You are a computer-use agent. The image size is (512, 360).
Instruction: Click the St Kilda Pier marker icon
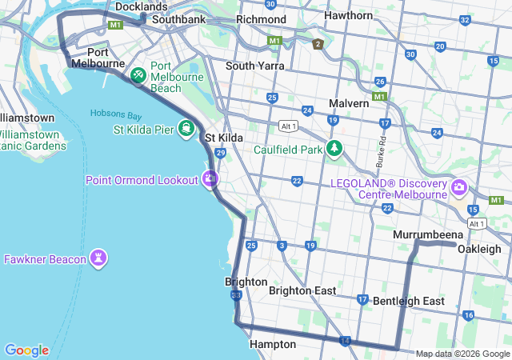[x=186, y=129]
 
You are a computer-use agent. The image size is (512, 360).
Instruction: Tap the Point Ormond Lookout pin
[x=210, y=179]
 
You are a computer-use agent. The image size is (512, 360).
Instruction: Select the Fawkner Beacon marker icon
[x=99, y=258]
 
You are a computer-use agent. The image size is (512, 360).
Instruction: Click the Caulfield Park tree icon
[x=334, y=149]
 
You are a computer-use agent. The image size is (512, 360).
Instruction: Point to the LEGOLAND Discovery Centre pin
[x=459, y=188]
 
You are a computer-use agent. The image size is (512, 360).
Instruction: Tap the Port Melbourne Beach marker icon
[x=138, y=75]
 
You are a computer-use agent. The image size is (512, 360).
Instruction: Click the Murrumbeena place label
[x=428, y=234]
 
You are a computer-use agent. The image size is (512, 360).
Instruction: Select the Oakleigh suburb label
[x=479, y=249]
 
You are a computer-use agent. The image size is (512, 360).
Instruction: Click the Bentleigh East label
[x=409, y=301]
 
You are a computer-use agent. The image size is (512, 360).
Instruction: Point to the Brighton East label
[x=302, y=290]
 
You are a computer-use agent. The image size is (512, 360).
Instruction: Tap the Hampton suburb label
[x=273, y=344]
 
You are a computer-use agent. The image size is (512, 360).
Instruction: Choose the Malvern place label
[x=349, y=103]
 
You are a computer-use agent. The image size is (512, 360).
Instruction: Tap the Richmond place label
[x=261, y=19]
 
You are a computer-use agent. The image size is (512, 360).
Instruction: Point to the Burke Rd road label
[x=382, y=151]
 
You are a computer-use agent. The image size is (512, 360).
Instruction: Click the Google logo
[x=26, y=350]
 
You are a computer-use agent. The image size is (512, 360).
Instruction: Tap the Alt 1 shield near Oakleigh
[x=478, y=223]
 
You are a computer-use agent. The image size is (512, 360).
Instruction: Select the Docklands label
[x=141, y=6]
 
